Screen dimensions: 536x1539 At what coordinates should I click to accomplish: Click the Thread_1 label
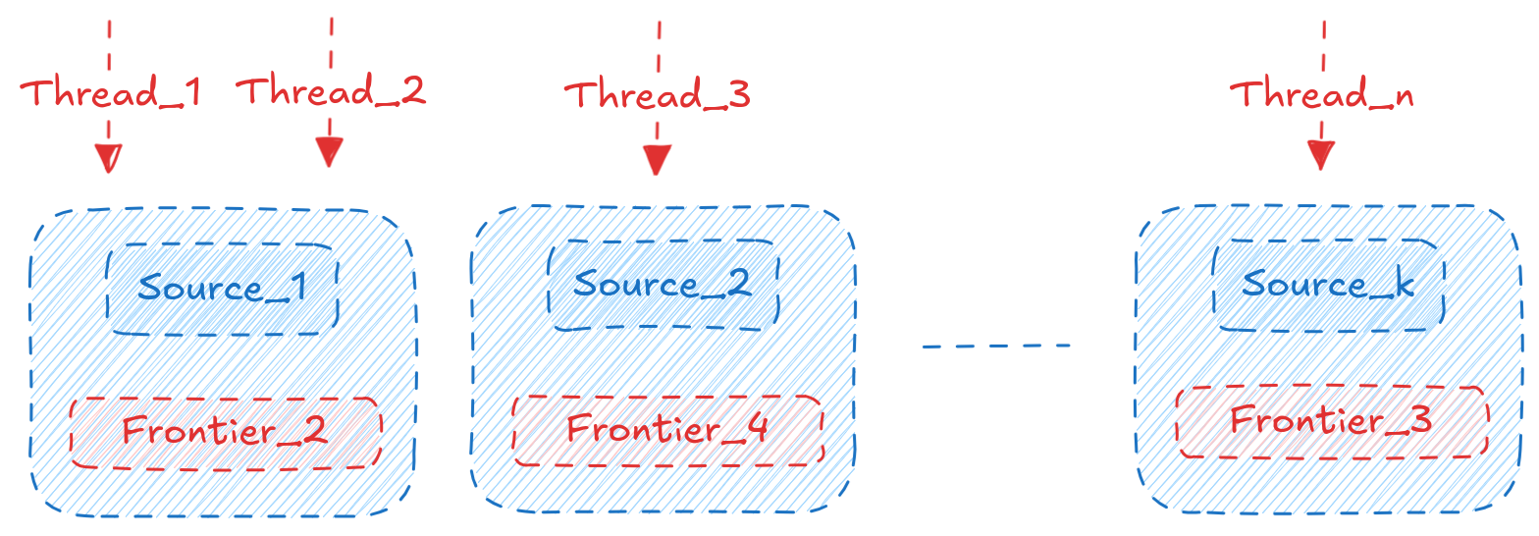click(111, 92)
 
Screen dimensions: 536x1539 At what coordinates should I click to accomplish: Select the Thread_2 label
click(331, 90)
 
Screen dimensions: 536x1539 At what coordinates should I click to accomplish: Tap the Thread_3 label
click(657, 94)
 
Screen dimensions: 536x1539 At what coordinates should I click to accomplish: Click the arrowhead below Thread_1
click(108, 157)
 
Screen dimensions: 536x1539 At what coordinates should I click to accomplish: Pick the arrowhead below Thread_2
click(329, 151)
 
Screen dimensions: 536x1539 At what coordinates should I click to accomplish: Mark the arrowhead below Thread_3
click(656, 159)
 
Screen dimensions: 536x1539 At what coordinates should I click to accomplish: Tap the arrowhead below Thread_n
click(1321, 155)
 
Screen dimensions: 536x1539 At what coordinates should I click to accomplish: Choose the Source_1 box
click(223, 289)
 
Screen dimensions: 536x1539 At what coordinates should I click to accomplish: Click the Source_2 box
click(663, 285)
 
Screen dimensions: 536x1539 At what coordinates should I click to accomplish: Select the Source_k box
click(1329, 285)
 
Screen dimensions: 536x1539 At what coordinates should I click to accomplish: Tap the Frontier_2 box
click(225, 432)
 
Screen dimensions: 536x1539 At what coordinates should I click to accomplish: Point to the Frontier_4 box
click(667, 430)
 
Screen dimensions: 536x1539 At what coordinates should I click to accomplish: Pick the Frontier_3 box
click(1332, 421)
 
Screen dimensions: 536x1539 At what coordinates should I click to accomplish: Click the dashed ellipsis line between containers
click(995, 346)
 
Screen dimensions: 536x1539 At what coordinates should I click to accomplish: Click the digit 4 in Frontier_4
click(757, 430)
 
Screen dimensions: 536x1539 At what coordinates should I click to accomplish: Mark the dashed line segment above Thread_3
click(659, 44)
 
